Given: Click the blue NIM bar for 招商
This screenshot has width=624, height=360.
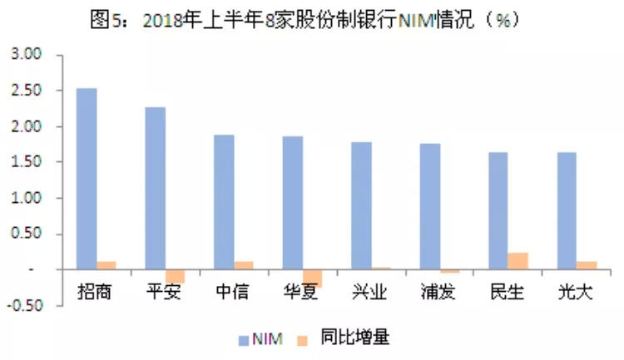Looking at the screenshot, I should (87, 179).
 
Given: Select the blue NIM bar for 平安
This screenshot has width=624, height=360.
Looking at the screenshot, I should (155, 188).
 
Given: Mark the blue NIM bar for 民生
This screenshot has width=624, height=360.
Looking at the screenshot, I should (498, 211).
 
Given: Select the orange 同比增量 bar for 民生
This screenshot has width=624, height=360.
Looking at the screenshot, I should (518, 261).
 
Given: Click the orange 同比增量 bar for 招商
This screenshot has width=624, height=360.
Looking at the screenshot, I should (106, 265).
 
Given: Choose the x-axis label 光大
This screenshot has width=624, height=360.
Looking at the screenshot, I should (575, 293).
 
